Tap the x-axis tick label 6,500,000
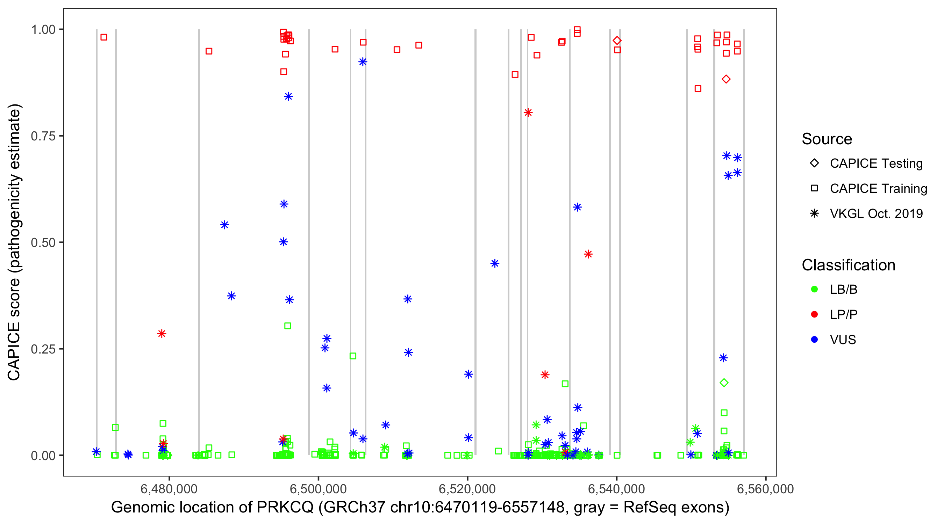coord(318,489)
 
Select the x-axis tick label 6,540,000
coord(616,489)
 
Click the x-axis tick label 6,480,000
coord(169,489)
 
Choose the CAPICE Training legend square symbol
coord(814,188)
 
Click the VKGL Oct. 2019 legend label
coord(876,213)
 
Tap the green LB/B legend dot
coord(814,289)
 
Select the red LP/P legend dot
coord(814,314)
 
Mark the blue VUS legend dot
coord(814,340)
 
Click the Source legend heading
coord(827,139)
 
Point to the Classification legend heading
coord(848,265)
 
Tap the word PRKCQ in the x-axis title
coord(285,507)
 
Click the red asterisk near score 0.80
coord(528,112)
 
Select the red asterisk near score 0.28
coord(162,334)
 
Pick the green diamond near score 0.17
coord(724,383)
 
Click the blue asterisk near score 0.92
coord(363,62)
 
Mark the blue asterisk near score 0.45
coord(495,263)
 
